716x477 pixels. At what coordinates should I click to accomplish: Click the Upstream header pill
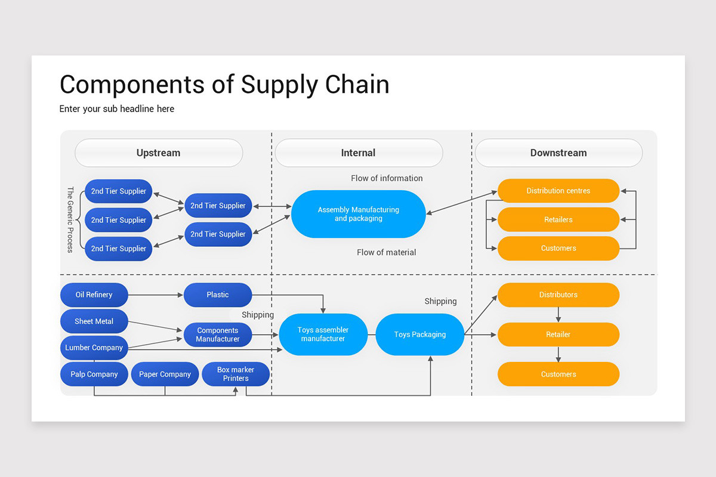point(158,153)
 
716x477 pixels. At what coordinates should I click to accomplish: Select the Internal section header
point(358,153)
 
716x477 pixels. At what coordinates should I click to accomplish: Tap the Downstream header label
point(558,153)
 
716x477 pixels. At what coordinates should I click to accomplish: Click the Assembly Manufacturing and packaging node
point(358,214)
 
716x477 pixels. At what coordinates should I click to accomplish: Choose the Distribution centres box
point(558,191)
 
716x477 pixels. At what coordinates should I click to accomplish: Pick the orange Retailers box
point(558,219)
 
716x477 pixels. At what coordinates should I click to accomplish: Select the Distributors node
point(558,295)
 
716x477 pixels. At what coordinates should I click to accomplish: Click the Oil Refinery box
point(94,295)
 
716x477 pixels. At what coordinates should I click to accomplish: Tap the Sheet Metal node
point(94,321)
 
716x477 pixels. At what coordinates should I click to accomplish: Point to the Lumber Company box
point(94,348)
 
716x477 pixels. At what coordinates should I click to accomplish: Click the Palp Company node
point(94,374)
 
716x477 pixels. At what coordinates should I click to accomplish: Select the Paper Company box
point(165,374)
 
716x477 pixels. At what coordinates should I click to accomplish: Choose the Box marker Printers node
point(236,374)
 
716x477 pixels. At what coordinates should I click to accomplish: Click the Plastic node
point(217,295)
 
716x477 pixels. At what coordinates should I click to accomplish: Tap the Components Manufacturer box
point(217,334)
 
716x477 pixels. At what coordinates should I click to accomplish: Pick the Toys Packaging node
point(419,334)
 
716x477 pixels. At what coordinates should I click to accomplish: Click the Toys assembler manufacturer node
point(323,334)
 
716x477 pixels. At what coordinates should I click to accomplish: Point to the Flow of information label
point(387,178)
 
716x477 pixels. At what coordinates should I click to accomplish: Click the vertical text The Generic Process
point(70,219)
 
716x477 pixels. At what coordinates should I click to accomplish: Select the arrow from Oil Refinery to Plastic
point(155,295)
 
